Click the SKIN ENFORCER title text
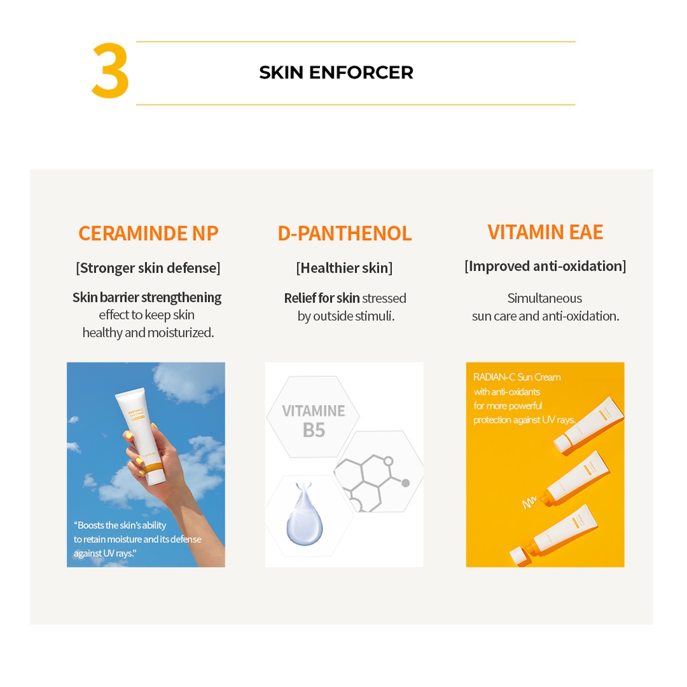point(336,72)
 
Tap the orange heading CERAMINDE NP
point(148,233)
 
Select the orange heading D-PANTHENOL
point(344,233)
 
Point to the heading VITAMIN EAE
point(545,232)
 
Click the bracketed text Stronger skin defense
point(148,268)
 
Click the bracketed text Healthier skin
point(344,268)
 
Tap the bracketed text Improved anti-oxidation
point(545,266)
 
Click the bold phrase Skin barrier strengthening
point(147,297)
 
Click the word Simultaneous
point(544,298)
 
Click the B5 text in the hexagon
point(313,430)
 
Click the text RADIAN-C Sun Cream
point(517,377)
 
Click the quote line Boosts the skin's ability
point(121,525)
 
